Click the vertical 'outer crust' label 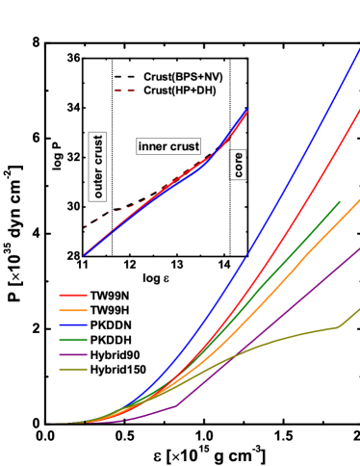point(97,167)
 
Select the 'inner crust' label point(168,146)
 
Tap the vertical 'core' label point(238,164)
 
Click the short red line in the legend point(73,296)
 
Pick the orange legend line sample point(73,310)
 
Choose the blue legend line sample point(73,325)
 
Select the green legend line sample point(73,340)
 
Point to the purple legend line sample point(73,354)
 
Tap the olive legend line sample point(73,369)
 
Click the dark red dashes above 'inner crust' point(124,91)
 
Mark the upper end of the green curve point(339,201)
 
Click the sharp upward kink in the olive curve point(338,327)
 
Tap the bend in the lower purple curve point(175,405)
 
